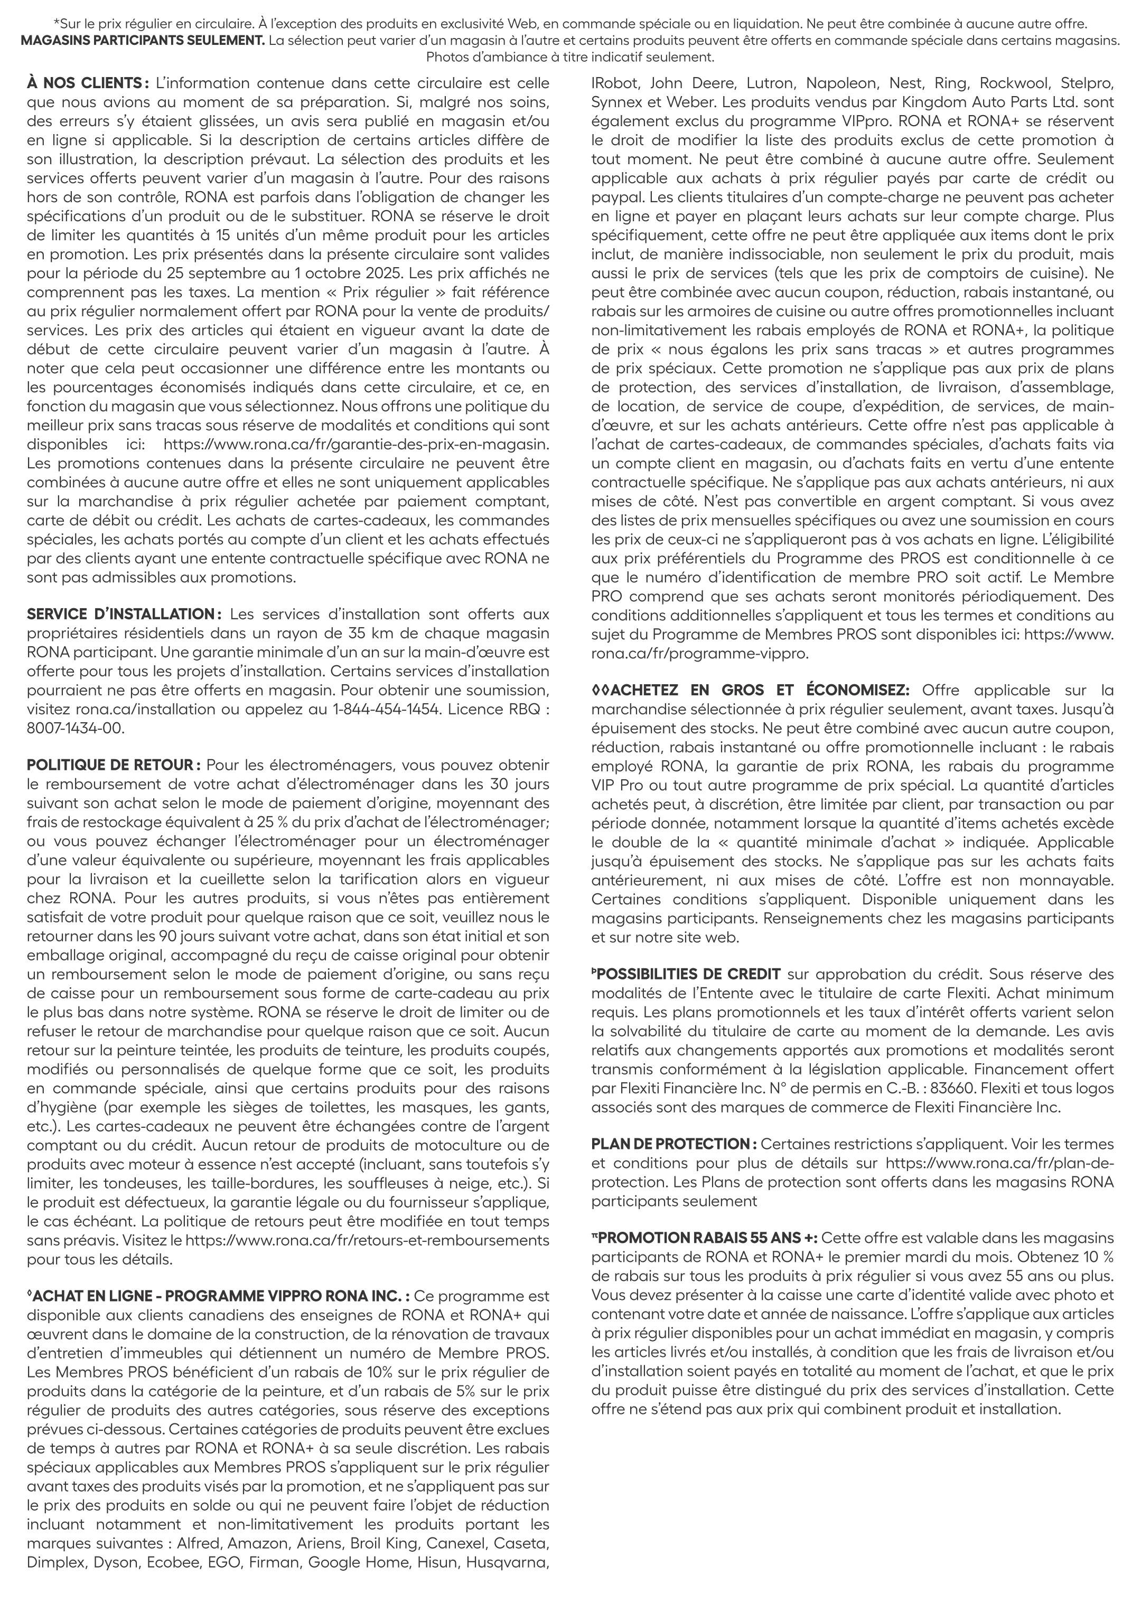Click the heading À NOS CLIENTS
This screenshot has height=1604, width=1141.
(87, 83)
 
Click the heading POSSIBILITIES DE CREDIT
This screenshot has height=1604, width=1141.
(687, 974)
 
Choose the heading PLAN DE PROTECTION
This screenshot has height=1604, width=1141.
(673, 1144)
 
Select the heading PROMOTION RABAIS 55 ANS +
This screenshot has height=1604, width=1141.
(705, 1238)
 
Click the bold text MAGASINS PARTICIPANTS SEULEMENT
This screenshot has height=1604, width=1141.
(143, 40)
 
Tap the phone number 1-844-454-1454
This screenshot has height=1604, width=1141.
(387, 709)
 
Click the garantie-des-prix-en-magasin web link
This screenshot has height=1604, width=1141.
(356, 444)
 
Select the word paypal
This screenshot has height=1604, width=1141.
(613, 197)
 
